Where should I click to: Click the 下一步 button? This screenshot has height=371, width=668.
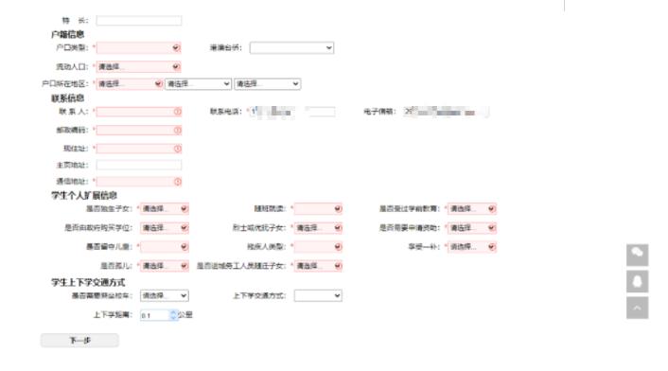(79, 340)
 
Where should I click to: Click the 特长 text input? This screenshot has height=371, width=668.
(138, 20)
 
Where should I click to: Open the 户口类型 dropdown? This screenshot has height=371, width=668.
(138, 47)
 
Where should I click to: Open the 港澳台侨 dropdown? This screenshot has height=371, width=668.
(291, 47)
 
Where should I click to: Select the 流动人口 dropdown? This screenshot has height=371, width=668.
(138, 66)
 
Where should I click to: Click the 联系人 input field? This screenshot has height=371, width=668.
(138, 112)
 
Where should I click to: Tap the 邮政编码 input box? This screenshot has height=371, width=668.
(138, 130)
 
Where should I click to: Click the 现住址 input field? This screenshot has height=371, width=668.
(138, 148)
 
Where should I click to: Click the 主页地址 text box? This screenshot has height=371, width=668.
(138, 165)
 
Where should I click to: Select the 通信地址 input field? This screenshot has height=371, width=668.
(138, 181)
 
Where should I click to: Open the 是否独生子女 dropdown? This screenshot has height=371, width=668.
(165, 208)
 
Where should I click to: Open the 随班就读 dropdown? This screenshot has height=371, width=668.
(319, 208)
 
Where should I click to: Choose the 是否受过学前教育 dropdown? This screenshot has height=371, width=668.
(471, 208)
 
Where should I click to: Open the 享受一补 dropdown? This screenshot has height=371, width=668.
(471, 246)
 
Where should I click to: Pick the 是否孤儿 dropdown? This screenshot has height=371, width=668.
(165, 266)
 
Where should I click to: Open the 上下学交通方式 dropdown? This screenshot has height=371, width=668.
(318, 295)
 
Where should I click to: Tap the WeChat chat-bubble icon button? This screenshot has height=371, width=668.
(638, 254)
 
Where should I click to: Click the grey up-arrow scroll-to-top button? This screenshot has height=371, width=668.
(638, 308)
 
